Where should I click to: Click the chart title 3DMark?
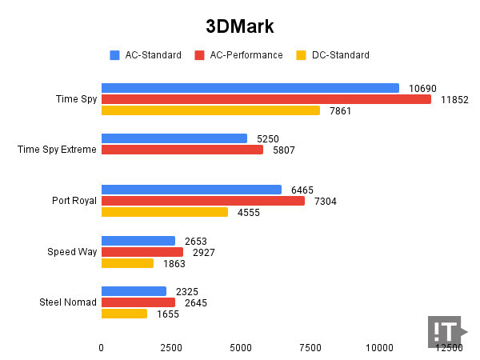tap(239, 26)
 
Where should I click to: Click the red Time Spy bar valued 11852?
tap(266, 99)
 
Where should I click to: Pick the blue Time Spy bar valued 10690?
tap(250, 88)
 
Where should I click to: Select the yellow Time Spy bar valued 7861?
tap(210, 110)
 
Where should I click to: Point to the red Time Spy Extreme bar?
tap(182, 150)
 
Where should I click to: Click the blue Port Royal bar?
tap(191, 190)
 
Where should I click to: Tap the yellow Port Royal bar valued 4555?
tap(164, 212)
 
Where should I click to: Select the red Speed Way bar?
tap(142, 252)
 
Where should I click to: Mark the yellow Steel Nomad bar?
tap(124, 314)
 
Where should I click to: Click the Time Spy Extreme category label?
tap(57, 150)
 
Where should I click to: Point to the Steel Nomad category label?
tap(68, 302)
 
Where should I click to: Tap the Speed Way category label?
tap(72, 252)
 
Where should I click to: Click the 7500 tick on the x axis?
tap(310, 348)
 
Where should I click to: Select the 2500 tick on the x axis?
tap(171, 348)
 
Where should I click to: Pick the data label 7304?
tap(324, 201)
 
